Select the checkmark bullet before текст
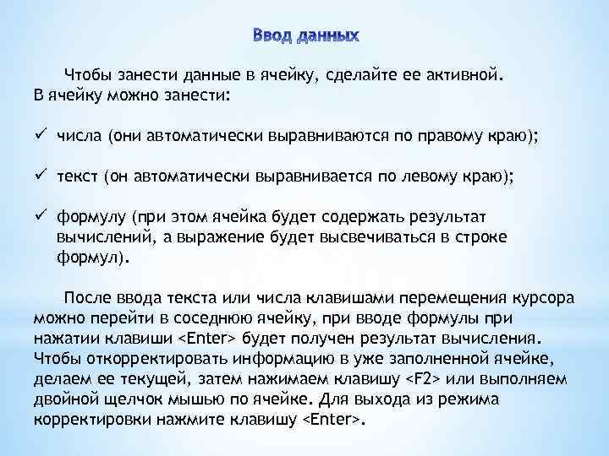(40, 177)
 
